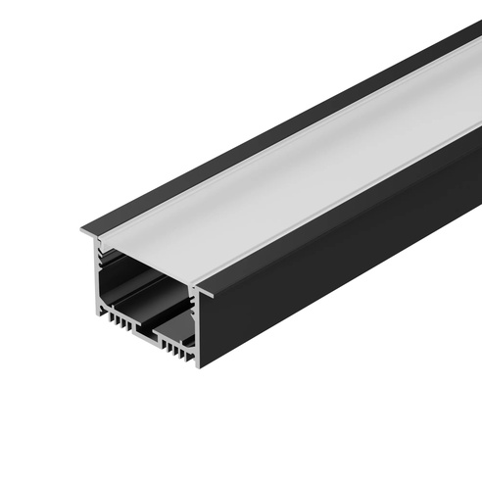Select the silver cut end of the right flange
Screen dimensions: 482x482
(208, 289)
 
